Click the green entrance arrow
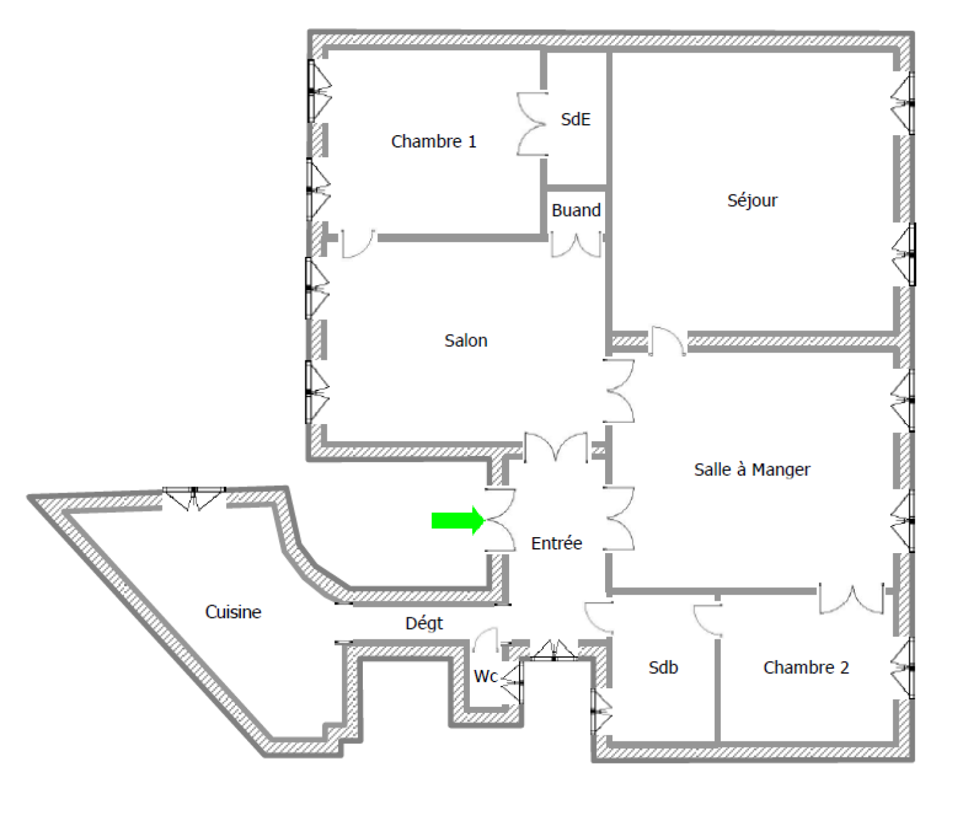[458, 521]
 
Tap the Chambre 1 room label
[433, 141]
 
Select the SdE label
[576, 119]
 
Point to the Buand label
[576, 210]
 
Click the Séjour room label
[752, 201]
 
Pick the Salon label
[466, 340]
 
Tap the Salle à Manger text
[752, 469]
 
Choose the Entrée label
[556, 543]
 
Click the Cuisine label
[233, 612]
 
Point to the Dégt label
[424, 623]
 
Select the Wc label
[486, 676]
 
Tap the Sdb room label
[663, 668]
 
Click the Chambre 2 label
[806, 668]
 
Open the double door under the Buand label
[576, 245]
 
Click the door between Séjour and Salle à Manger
[667, 341]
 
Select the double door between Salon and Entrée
[556, 447]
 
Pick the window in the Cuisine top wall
[194, 497]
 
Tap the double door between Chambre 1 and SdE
[531, 124]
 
